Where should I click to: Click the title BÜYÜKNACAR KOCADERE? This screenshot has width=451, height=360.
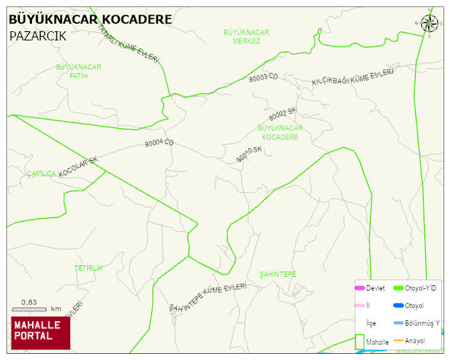[x=89, y=18]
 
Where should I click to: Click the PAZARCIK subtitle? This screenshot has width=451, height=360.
[x=38, y=35]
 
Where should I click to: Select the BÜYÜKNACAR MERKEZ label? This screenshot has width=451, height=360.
[x=246, y=36]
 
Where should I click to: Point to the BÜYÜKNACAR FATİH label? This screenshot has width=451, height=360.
[x=79, y=72]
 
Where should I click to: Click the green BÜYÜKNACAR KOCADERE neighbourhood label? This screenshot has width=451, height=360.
[x=281, y=132]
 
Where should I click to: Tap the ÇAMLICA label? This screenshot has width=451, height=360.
[x=41, y=174]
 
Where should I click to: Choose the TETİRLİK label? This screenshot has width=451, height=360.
[x=88, y=268]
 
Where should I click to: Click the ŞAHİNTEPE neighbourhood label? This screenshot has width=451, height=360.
[x=278, y=274]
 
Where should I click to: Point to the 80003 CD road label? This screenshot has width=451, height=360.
[x=263, y=77]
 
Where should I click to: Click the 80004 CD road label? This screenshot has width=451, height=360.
[x=159, y=143]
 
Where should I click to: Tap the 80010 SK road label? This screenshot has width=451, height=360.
[x=249, y=154]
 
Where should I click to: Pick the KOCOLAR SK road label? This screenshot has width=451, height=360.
[x=79, y=167]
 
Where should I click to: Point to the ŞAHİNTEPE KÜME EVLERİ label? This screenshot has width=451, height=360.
[x=209, y=297]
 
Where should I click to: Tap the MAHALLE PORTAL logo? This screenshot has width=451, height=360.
[x=41, y=331]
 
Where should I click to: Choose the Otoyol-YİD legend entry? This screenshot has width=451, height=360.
[x=415, y=288]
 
